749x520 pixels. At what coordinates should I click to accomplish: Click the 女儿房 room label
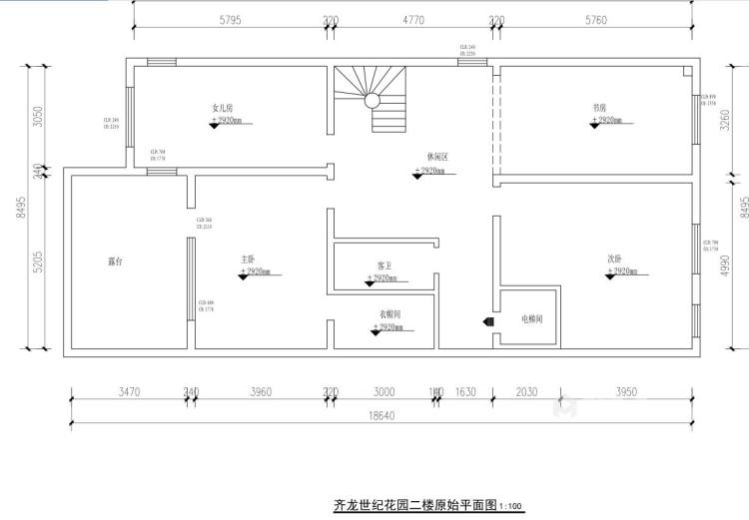pos(222,108)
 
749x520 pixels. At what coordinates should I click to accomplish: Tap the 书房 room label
pos(600,108)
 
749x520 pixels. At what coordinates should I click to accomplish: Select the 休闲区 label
pos(436,158)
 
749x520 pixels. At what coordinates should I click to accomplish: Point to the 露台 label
pos(116,261)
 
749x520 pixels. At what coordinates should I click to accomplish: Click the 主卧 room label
pos(248,260)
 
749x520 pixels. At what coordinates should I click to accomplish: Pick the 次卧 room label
pos(615,259)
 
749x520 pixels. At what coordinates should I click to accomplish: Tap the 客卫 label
pos(384,265)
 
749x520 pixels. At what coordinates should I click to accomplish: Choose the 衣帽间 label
pos(390,314)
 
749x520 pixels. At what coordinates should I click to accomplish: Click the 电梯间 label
pos(531,319)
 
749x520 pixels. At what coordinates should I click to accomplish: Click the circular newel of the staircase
pos(372,100)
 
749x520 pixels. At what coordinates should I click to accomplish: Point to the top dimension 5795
pos(229,19)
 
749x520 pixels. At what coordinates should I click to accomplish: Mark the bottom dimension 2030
pos(527,392)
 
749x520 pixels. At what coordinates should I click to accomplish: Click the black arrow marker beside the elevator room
pos(486,322)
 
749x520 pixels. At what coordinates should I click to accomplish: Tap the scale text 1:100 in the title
pos(510,507)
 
